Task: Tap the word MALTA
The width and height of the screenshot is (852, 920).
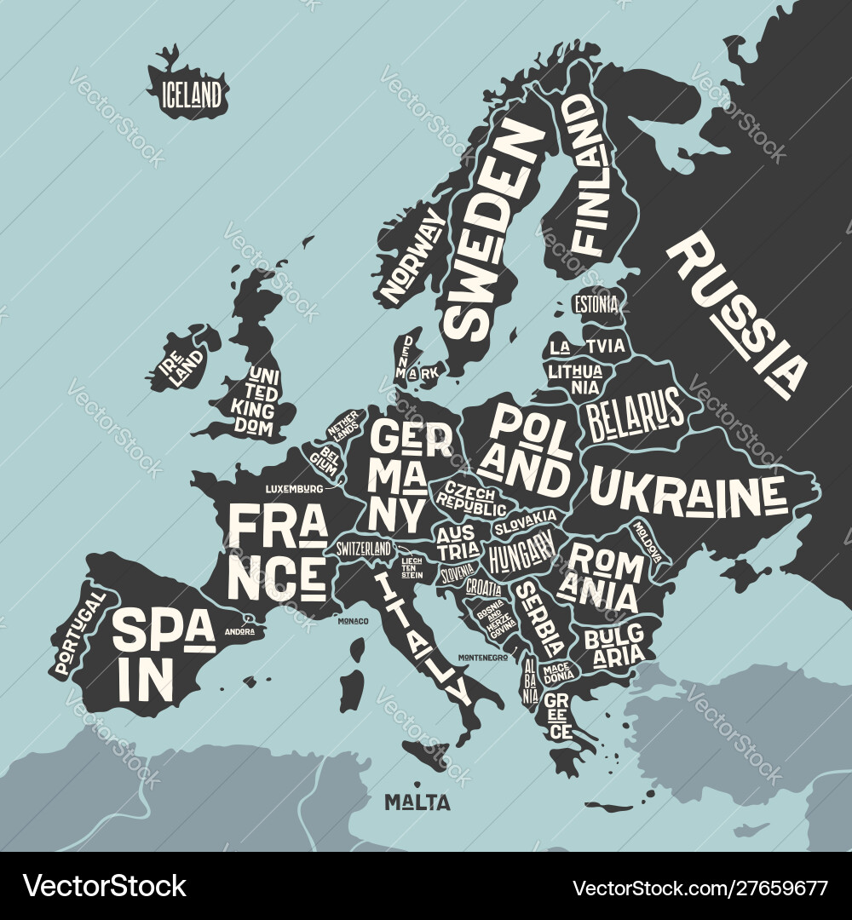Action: pos(417,802)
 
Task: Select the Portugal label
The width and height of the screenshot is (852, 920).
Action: pos(79,634)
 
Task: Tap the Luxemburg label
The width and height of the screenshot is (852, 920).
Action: pos(294,489)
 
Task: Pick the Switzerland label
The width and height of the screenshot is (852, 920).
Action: pos(364,548)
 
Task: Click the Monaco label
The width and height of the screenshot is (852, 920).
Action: pos(353,621)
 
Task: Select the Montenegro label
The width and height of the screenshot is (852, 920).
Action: pos(482,658)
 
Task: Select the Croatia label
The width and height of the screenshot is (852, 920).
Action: pos(483,587)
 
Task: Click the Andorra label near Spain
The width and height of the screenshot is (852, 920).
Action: pos(239,631)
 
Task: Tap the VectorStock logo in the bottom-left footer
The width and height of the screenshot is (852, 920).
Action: pos(104,886)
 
